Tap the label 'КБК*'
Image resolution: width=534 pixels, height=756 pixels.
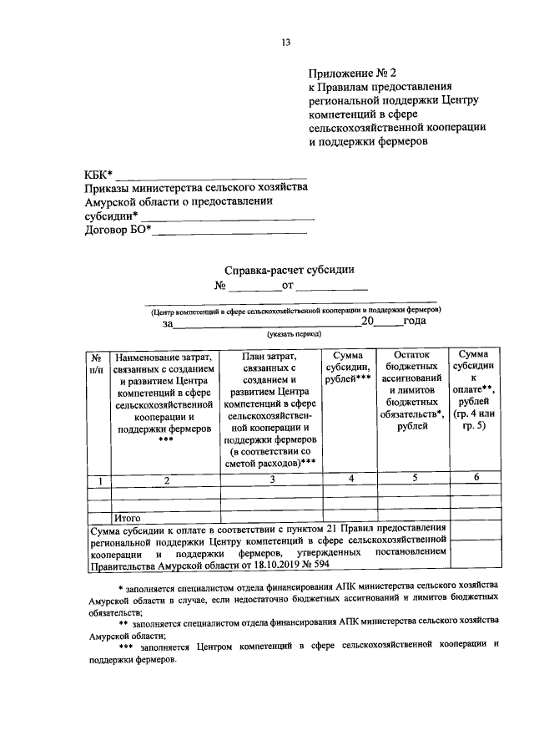(98, 175)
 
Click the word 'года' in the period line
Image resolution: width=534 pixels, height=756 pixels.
(415, 321)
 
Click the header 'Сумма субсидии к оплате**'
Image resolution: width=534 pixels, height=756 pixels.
(473, 384)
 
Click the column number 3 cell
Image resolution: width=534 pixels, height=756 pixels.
(272, 479)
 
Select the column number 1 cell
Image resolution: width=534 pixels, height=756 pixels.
(98, 479)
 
